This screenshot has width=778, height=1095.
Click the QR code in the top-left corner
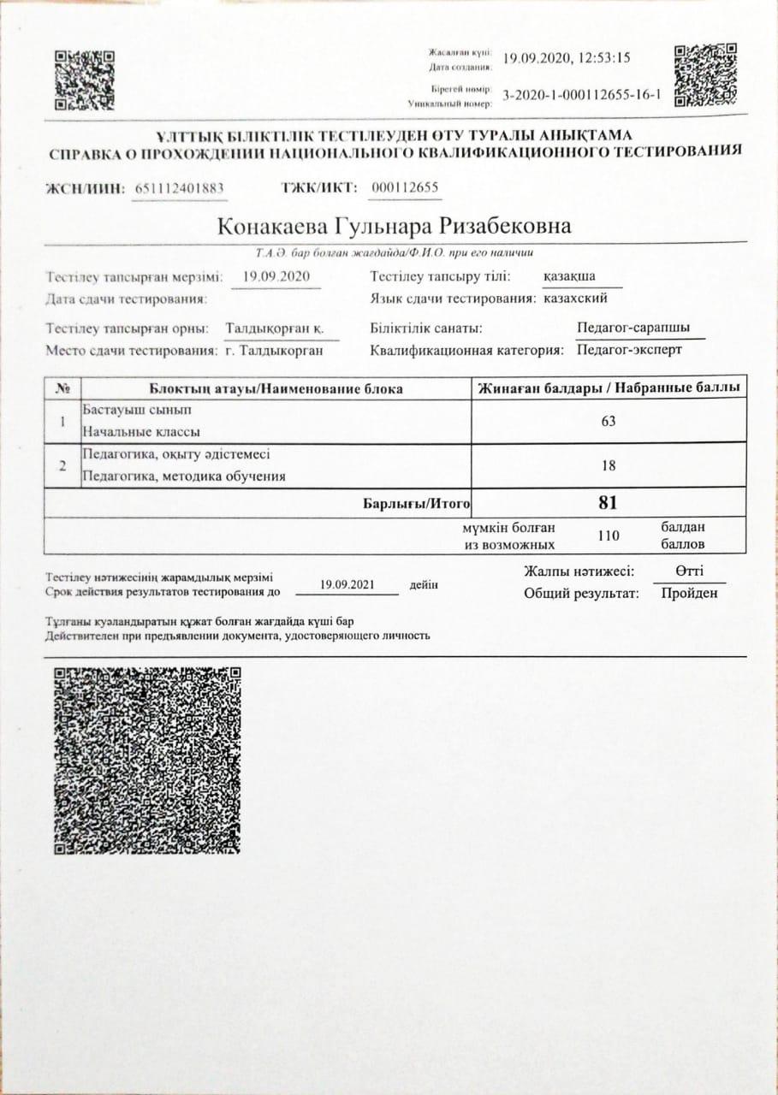pos(84,80)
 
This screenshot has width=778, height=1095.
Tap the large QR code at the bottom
pos(147,760)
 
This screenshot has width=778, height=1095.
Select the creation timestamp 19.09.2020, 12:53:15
pos(567,59)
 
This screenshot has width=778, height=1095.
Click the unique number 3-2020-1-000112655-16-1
pos(583,95)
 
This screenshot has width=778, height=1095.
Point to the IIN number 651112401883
pos(181,189)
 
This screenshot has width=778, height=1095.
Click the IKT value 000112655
pos(406,188)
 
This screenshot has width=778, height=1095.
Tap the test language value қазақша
pos(569,276)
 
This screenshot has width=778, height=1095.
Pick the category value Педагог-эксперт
pos(629,350)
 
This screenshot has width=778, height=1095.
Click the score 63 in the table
pos(609,421)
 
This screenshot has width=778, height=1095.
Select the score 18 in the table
pos(609,466)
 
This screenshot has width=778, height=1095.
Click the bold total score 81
pos(609,503)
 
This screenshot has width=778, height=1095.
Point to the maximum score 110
pos(609,536)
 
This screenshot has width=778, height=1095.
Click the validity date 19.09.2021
pos(347,585)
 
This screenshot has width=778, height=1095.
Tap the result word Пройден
pos(689,594)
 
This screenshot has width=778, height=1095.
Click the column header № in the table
pos(62,389)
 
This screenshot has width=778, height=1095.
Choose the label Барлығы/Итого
pos(417,504)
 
